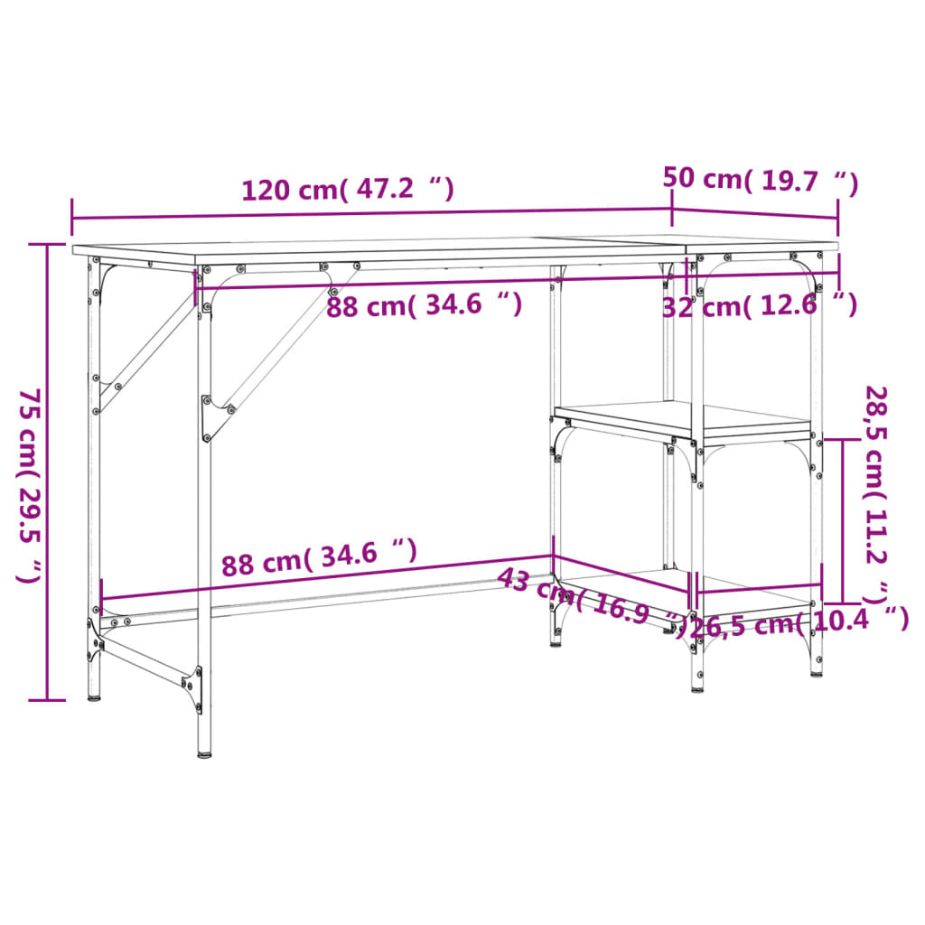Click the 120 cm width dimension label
pyautogui.click(x=347, y=190)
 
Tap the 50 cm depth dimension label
pyautogui.click(x=759, y=180)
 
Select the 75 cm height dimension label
pyautogui.click(x=31, y=486)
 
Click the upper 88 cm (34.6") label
pyautogui.click(x=424, y=305)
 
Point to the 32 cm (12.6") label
pyautogui.click(x=759, y=305)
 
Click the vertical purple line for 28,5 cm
pyautogui.click(x=843, y=520)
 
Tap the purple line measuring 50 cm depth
pyautogui.click(x=755, y=215)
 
